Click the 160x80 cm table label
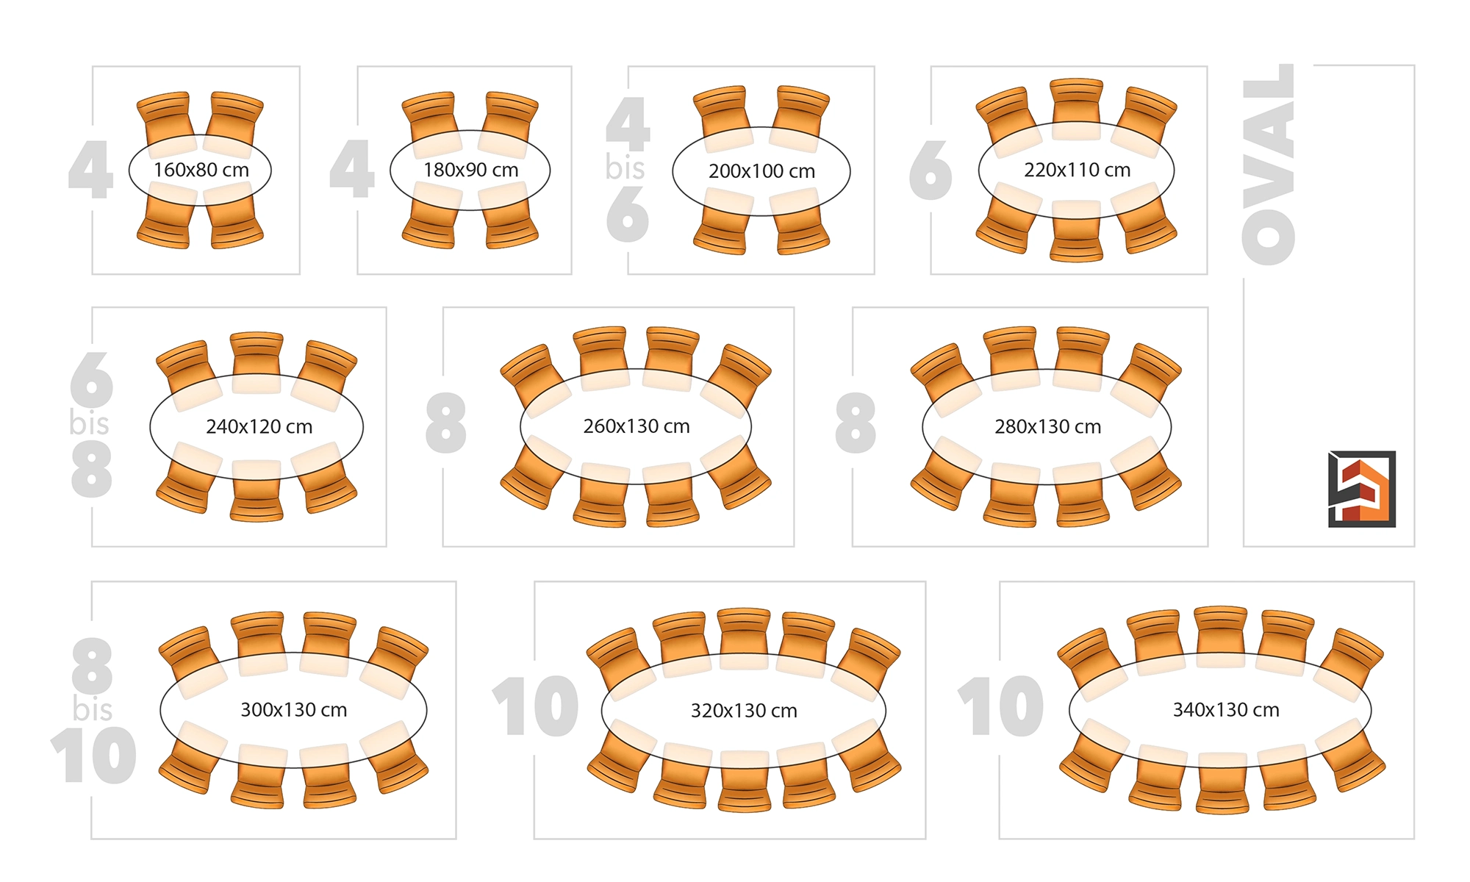point(201,170)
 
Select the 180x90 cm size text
point(470,170)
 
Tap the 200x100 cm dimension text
point(761,171)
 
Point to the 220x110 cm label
point(1077,170)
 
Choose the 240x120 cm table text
point(259,426)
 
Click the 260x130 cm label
point(636,426)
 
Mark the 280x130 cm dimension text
point(1047,426)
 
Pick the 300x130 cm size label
point(293,710)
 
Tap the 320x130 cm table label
point(743,711)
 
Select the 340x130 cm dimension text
point(1225,710)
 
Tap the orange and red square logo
point(1361,489)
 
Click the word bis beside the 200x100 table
point(625,168)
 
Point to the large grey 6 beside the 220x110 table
point(931,171)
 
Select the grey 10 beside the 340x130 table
point(1000,706)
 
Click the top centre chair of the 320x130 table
point(744,630)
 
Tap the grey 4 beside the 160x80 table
point(91,170)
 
